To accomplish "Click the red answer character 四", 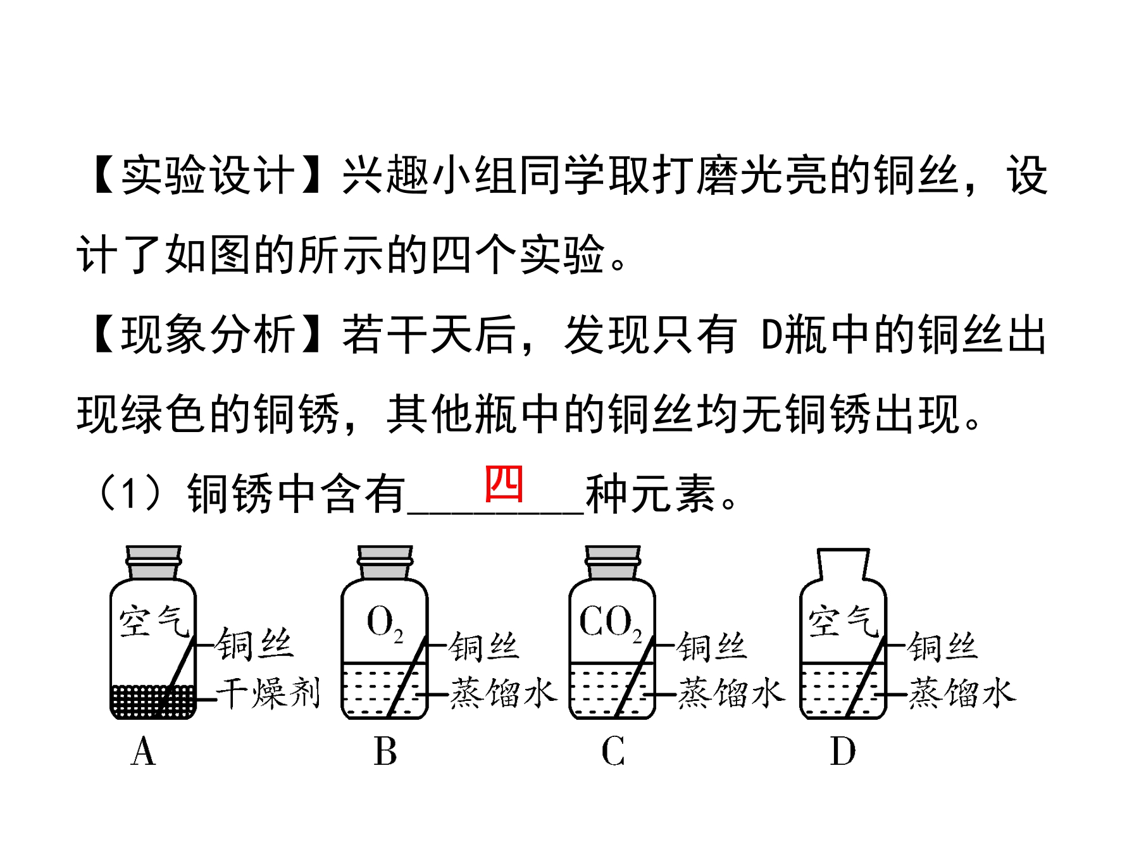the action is pyautogui.click(x=504, y=484).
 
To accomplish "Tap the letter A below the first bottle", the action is pyautogui.click(x=143, y=752).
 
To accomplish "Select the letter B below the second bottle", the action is pyautogui.click(x=385, y=752).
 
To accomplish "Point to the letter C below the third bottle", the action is pyautogui.click(x=613, y=752).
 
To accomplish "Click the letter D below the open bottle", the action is pyautogui.click(x=842, y=752).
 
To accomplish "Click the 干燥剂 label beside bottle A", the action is pyautogui.click(x=268, y=693).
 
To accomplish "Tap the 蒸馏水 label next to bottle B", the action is pyautogui.click(x=503, y=693).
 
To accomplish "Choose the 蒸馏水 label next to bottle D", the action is pyautogui.click(x=962, y=693).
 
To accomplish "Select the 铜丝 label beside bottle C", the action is pyautogui.click(x=712, y=647).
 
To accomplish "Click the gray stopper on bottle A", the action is pyautogui.click(x=153, y=562).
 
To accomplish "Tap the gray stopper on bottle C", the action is pyautogui.click(x=613, y=562).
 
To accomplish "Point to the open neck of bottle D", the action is pyautogui.click(x=843, y=564).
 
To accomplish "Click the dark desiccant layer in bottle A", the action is pyautogui.click(x=153, y=701).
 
